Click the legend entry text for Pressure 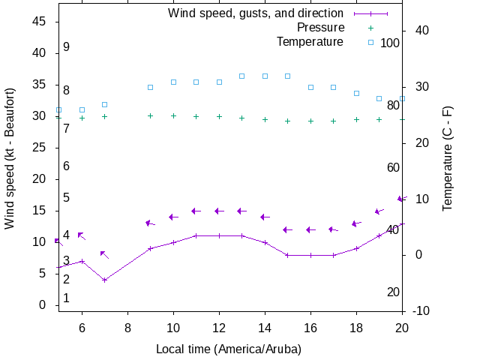tap(310, 28)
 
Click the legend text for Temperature tap(310, 41)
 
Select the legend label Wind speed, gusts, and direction tap(256, 13)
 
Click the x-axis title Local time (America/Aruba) tap(229, 349)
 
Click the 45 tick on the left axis tap(42, 22)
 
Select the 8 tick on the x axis tap(127, 327)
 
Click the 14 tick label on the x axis tap(265, 327)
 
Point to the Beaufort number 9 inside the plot tap(66, 47)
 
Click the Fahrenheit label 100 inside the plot tap(390, 43)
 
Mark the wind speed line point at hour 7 tap(105, 280)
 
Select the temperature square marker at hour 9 tap(151, 88)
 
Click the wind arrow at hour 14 tap(265, 217)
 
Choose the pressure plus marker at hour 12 tap(219, 116)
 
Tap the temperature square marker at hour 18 tap(356, 94)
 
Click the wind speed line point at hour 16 tap(310, 255)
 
